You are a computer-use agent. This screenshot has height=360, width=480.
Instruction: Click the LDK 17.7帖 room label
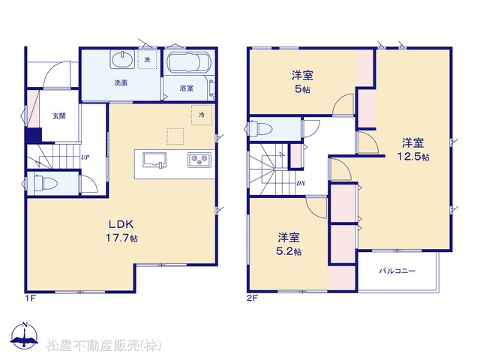tap(121, 231)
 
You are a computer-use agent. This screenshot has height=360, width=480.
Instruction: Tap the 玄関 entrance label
tap(59, 115)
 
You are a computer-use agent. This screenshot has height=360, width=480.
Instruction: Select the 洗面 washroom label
tap(121, 82)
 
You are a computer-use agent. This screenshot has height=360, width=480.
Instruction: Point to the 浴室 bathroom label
tap(187, 88)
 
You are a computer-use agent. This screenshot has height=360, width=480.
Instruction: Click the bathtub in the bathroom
tap(188, 62)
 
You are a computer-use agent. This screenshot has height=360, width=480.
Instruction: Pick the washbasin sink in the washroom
tap(122, 59)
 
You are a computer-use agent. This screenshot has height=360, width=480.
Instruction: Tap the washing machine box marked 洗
tap(147, 59)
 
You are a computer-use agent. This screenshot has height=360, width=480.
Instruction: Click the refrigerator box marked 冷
tap(202, 115)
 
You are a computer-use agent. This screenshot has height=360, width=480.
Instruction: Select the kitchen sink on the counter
tap(154, 160)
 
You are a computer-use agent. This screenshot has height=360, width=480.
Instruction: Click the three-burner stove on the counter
tap(199, 160)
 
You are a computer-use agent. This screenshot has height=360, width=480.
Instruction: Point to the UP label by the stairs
tap(85, 157)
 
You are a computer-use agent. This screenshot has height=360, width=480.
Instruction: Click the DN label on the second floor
tap(301, 183)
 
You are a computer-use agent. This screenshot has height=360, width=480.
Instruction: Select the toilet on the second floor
tap(261, 129)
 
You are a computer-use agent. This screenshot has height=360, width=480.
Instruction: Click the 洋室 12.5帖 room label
tap(413, 150)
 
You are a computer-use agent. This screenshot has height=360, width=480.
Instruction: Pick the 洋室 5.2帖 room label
tap(289, 244)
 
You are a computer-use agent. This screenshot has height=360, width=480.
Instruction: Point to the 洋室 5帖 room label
tap(302, 82)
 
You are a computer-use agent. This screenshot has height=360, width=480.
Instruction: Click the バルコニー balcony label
tap(397, 271)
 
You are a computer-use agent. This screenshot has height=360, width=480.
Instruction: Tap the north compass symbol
tap(25, 335)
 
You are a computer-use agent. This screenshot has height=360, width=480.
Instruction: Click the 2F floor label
tap(253, 298)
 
